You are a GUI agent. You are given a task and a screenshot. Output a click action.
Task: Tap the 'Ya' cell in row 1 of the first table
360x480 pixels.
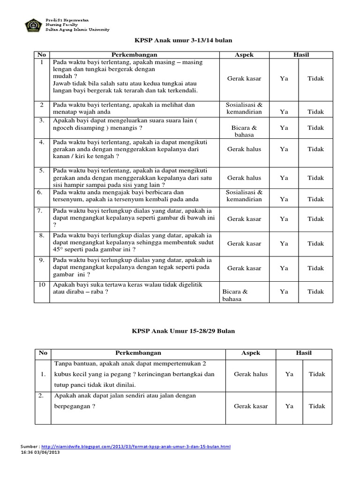pos(284,78)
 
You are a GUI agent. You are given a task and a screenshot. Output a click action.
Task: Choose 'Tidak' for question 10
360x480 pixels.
pos(315,291)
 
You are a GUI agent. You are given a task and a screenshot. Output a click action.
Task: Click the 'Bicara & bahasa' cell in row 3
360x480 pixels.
pos(244,131)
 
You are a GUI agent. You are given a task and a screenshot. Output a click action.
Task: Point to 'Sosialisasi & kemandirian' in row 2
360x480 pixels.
pos(244,108)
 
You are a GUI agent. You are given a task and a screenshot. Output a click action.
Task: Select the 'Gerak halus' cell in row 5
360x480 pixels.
pos(244,178)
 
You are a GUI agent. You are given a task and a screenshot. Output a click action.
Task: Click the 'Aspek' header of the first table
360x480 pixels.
pos(244,55)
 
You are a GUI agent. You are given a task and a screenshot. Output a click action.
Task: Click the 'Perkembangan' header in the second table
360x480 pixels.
pos(138,352)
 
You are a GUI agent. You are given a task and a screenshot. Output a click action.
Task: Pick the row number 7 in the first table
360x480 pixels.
pos(41,210)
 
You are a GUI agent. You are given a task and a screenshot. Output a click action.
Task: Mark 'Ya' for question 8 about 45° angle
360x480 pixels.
pos(284,243)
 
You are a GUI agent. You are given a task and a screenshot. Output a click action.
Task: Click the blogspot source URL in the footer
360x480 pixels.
pos(135,447)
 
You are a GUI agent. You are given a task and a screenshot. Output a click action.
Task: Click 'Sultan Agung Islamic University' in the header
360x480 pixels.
pos(77,30)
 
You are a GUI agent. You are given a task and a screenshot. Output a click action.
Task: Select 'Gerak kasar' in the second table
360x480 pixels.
pos(251,406)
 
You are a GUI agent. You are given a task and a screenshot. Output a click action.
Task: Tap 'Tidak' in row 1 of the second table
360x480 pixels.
pos(317,374)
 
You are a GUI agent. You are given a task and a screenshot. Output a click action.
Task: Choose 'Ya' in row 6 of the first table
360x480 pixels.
pos(284,199)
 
